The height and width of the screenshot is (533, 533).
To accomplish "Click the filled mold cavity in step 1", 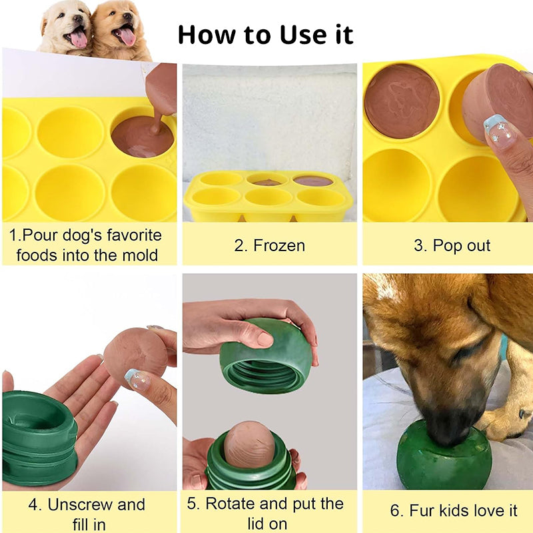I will tap(141, 136).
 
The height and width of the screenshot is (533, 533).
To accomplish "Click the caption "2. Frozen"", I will tap(269, 245).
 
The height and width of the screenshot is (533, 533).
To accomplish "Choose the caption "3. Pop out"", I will tap(452, 245).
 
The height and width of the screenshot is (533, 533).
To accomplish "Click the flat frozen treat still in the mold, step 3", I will tap(402, 101).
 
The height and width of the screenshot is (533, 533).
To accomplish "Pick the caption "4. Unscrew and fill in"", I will tap(87, 514).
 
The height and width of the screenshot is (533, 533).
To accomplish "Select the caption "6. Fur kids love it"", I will tap(453, 511).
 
